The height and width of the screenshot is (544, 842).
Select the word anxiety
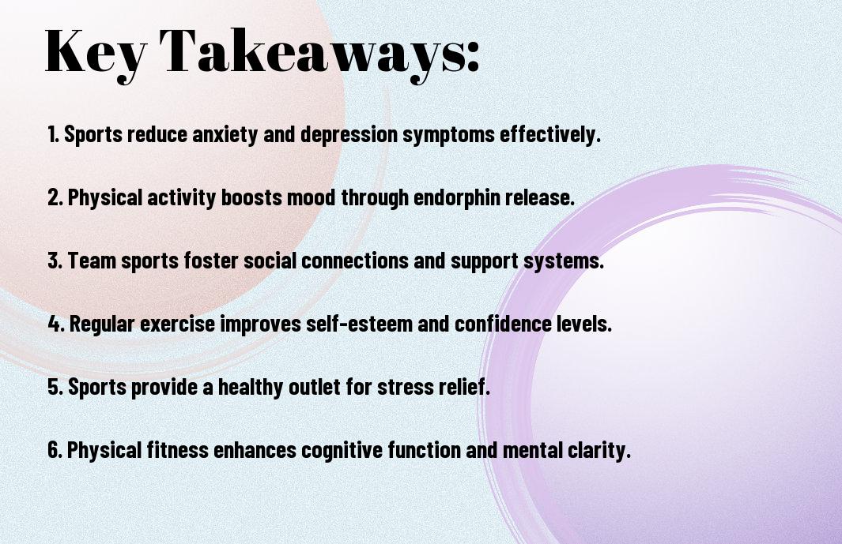[225, 135]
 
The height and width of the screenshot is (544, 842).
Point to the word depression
[349, 135]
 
